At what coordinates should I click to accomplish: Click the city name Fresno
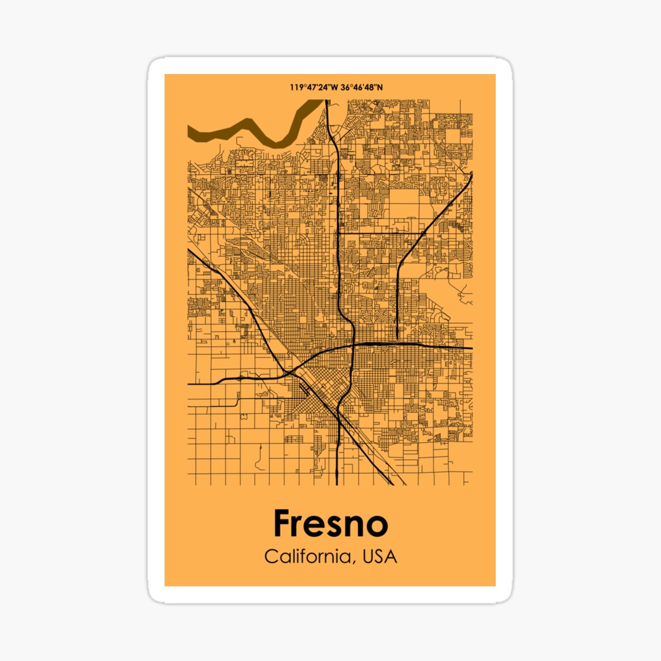[x=330, y=524]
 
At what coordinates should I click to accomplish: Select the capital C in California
[x=271, y=557]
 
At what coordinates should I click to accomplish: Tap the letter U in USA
[x=368, y=557]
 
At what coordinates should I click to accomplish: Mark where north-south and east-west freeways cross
[x=354, y=344]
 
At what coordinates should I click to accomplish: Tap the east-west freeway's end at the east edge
[x=471, y=348]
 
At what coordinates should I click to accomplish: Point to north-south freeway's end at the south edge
[x=338, y=483]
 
